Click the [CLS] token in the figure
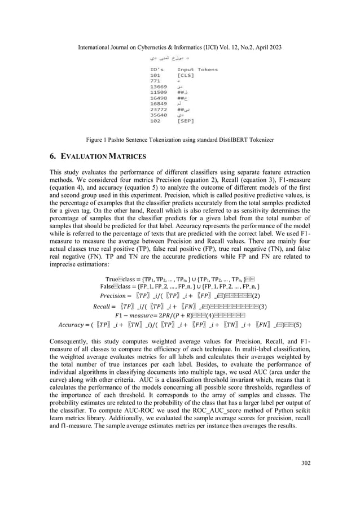pyautogui.click(x=185, y=75)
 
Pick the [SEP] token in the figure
pyautogui.click(x=185, y=120)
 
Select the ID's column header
pyautogui.click(x=150, y=69)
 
